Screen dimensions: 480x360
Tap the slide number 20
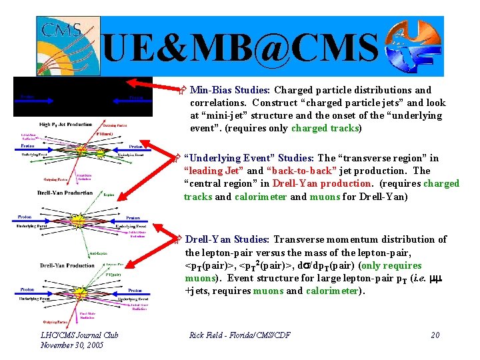(435, 335)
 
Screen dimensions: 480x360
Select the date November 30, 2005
(73, 345)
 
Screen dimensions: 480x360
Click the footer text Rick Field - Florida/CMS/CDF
(240, 335)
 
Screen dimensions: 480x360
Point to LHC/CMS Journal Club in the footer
(79, 335)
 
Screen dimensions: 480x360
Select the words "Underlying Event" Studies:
(249, 158)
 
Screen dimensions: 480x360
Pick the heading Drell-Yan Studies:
(226, 239)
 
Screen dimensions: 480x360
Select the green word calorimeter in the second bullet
(260, 196)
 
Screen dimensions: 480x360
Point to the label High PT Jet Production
(66, 125)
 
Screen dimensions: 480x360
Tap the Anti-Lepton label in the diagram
(98, 253)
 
